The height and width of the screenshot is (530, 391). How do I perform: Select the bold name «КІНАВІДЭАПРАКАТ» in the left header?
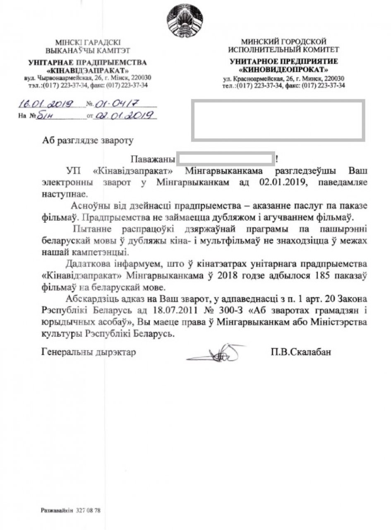point(88,70)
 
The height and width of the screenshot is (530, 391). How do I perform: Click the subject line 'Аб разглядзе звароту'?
point(88,141)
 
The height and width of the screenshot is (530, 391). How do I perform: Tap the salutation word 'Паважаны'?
point(151,159)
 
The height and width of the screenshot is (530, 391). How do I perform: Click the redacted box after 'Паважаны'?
point(225,159)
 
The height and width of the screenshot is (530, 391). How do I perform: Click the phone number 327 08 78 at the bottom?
point(88,511)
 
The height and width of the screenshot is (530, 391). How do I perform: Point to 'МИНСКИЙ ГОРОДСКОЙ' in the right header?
point(284,41)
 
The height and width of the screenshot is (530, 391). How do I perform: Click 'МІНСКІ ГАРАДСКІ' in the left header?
point(88,43)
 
